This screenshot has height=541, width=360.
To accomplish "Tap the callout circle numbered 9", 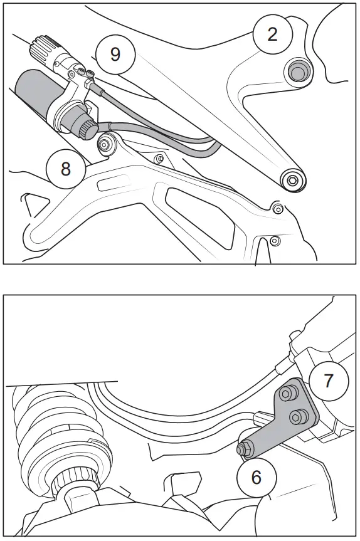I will [x=115, y=54].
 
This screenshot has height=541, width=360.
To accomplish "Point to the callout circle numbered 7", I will [x=328, y=380].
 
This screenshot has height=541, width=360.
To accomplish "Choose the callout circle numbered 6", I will [x=257, y=476].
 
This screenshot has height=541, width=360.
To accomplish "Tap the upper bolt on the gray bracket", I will [x=287, y=394].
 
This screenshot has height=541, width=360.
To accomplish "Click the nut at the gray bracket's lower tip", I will [x=242, y=449].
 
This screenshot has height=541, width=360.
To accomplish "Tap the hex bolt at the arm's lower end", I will [x=292, y=180].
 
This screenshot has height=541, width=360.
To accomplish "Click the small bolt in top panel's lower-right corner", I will [x=273, y=239].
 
